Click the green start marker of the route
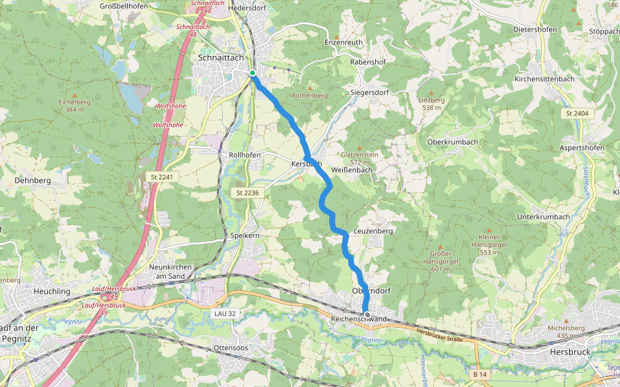(x=253, y=73)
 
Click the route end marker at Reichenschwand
(x=367, y=315)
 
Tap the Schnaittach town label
(x=221, y=57)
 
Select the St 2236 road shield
(x=247, y=193)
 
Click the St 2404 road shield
(x=577, y=114)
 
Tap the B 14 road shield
(x=479, y=374)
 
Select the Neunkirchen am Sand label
(x=167, y=271)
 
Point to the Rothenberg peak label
(x=310, y=95)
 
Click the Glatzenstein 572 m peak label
(x=360, y=158)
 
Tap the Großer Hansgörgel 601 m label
(x=440, y=257)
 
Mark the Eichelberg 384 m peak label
(x=74, y=106)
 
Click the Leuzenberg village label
(x=373, y=230)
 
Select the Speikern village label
(x=245, y=236)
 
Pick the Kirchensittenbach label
(x=544, y=79)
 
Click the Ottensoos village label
(x=231, y=348)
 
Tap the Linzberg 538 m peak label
(x=431, y=104)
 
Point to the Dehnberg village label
(x=32, y=181)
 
